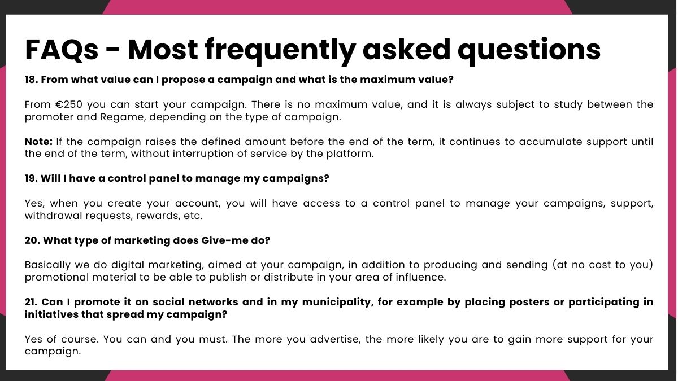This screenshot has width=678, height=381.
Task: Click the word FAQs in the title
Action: (x=62, y=50)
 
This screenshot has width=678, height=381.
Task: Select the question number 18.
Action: (x=31, y=80)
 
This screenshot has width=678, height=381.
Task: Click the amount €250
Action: (x=69, y=104)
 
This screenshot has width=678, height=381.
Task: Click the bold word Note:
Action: (x=39, y=142)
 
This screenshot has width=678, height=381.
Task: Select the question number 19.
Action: (x=31, y=178)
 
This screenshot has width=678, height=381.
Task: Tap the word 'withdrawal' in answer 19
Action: (x=53, y=216)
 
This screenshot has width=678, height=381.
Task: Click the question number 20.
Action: (x=32, y=240)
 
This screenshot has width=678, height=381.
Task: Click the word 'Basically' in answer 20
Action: (x=47, y=265)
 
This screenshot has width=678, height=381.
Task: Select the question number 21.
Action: (x=31, y=302)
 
